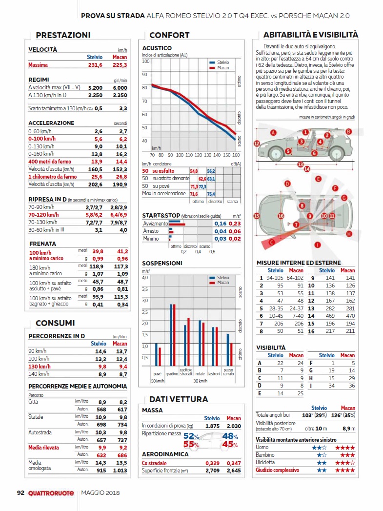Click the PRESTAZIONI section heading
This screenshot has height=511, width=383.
point(63,35)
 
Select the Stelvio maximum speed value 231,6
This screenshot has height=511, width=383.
point(95,65)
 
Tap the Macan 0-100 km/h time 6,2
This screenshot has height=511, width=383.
point(123,139)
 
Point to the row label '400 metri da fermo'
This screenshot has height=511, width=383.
point(49,162)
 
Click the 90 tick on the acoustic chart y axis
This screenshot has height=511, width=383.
point(144,74)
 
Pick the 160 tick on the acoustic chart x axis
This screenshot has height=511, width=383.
point(236,155)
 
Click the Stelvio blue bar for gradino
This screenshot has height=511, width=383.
point(171,335)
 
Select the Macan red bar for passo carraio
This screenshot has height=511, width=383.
point(231,354)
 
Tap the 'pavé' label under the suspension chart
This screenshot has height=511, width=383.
point(157,373)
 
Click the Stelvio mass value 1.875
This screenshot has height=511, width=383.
point(212,426)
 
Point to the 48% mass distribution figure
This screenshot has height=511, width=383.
point(230,436)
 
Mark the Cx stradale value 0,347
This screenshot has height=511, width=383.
point(234,463)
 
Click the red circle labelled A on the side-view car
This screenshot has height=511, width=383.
point(273,133)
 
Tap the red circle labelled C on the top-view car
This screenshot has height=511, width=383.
point(272,242)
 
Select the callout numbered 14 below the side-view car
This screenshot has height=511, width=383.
point(307,169)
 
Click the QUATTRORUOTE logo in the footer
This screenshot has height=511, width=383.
point(51,493)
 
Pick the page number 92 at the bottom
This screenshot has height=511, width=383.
point(20,493)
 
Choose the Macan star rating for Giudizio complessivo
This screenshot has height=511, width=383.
point(345,470)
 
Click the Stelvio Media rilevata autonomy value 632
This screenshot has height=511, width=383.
point(101,455)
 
